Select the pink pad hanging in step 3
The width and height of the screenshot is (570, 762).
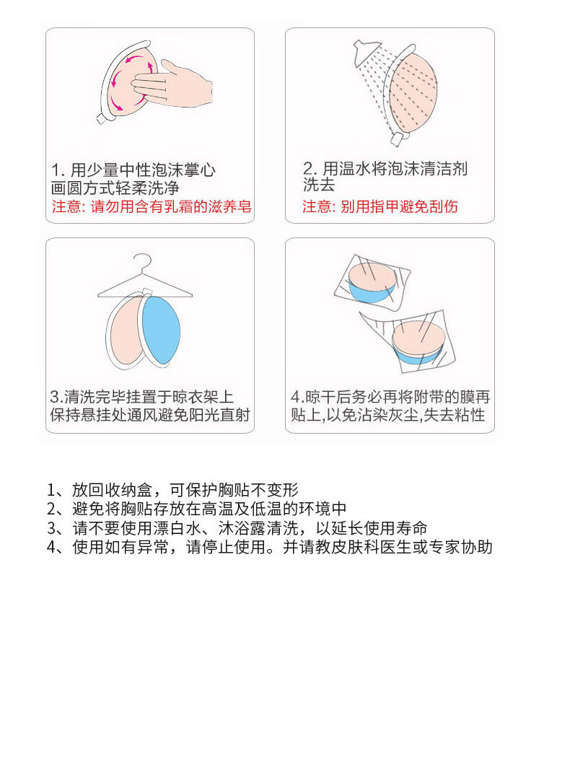pyautogui.click(x=125, y=331)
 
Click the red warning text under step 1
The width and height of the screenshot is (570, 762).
pyautogui.click(x=152, y=206)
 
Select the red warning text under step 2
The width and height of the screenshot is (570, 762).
pyautogui.click(x=380, y=206)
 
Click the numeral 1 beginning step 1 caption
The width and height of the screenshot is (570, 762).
pyautogui.click(x=56, y=170)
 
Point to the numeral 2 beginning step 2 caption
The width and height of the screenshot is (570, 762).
pyautogui.click(x=308, y=169)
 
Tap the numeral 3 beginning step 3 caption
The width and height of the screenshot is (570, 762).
pyautogui.click(x=54, y=397)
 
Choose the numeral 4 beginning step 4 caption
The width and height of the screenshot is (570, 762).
pyautogui.click(x=295, y=397)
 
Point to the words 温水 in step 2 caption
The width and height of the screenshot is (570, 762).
pyautogui.click(x=346, y=169)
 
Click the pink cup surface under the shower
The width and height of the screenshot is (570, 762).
pyautogui.click(x=413, y=93)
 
